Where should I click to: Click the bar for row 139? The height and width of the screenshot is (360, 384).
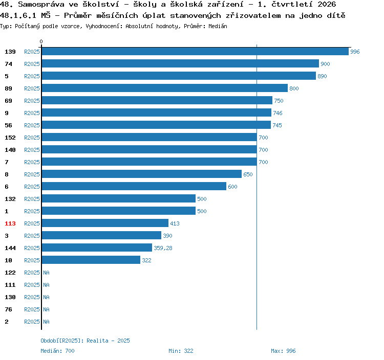(x=195, y=51)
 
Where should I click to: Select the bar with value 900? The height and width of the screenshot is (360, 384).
(x=180, y=63)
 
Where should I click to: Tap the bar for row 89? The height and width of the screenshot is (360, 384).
(x=164, y=88)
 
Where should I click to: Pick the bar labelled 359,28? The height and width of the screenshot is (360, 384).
(x=97, y=247)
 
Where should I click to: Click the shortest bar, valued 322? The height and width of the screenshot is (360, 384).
(x=91, y=260)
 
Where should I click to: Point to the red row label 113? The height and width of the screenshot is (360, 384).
(x=10, y=223)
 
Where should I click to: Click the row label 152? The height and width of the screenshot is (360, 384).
(x=10, y=138)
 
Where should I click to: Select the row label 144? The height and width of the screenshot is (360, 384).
(x=10, y=248)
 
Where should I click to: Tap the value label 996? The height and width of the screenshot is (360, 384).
(x=355, y=52)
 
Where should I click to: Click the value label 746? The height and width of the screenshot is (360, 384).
(x=278, y=113)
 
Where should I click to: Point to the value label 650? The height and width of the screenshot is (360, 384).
(x=248, y=174)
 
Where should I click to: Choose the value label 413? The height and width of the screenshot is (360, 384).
(x=175, y=223)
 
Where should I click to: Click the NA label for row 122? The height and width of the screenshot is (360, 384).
(x=46, y=273)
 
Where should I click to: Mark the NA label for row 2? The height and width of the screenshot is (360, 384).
(x=46, y=322)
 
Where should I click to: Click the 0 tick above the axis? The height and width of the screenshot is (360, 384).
(x=41, y=41)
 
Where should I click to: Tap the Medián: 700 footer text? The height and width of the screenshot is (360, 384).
(x=57, y=351)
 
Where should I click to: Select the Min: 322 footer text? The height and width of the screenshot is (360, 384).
(x=181, y=351)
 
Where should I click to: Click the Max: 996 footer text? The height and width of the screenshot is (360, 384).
(x=283, y=351)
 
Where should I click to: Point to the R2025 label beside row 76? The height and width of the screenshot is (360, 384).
(x=32, y=309)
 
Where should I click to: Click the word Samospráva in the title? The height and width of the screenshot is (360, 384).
(x=41, y=4)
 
